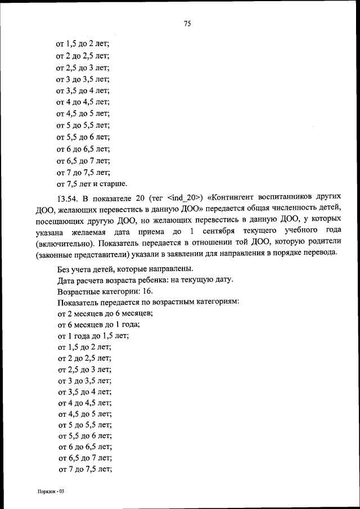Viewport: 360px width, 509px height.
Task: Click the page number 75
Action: coord(187,23)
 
